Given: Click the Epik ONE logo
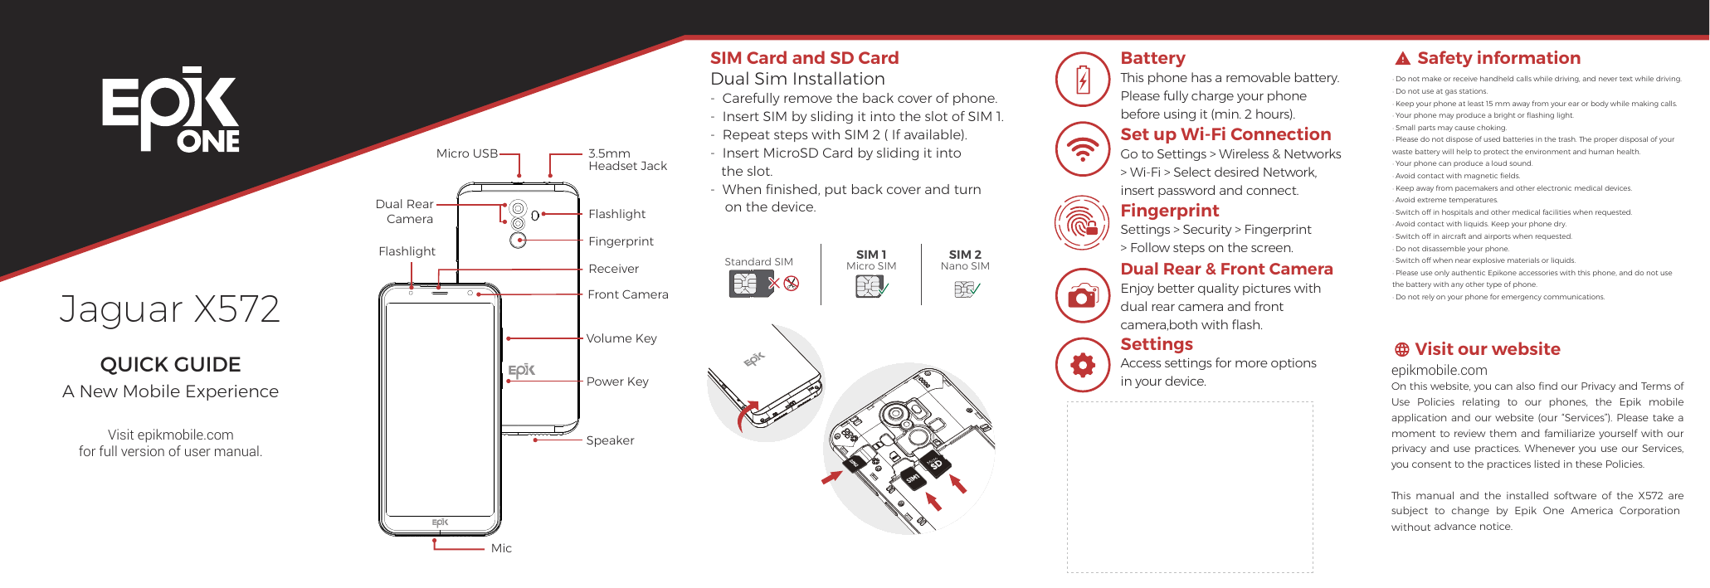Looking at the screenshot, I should point(170,109).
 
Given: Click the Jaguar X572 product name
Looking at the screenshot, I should point(170,309).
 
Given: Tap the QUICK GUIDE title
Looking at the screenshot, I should point(170,364).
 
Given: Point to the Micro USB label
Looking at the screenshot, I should point(466,153).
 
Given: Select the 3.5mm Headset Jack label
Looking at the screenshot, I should point(626,159).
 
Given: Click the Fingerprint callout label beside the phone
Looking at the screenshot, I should point(621,241).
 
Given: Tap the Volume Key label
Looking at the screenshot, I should point(621,338).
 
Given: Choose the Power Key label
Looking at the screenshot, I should point(616,381).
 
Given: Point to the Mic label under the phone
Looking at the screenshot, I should point(501,548).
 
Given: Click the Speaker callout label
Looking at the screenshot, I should point(610,440).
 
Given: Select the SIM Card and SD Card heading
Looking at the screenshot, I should point(804,58).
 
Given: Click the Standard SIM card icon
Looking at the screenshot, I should point(744,284).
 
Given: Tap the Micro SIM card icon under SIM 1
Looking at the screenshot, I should point(868,286).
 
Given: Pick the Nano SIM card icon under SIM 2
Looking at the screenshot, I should point(963,289).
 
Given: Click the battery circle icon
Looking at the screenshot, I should point(1083,80).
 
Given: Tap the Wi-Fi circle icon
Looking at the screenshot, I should point(1083,149).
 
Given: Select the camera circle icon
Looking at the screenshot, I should point(1083,295).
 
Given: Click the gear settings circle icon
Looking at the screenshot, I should point(1083,365).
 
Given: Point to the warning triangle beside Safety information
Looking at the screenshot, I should point(1402,59).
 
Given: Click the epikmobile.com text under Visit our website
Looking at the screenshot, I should point(1439,371).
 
